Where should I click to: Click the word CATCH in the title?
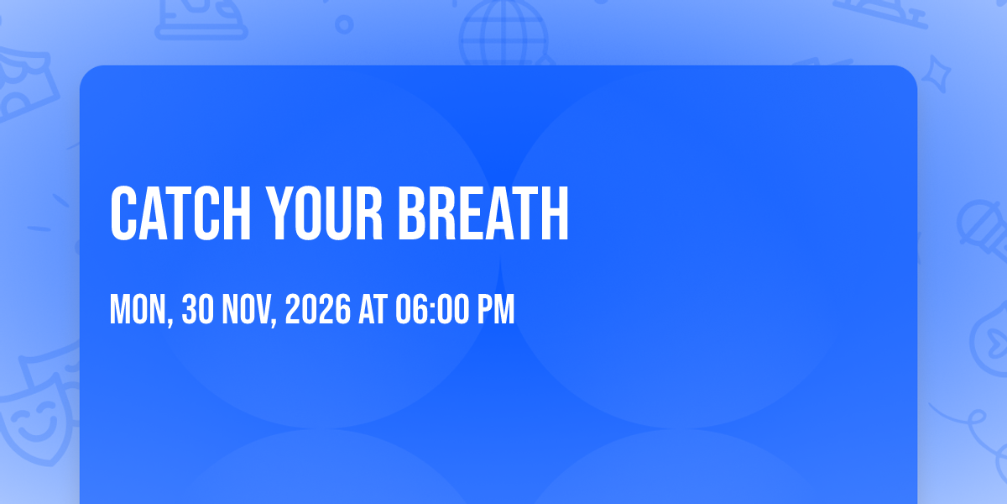(x=180, y=213)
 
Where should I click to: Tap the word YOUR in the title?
(x=324, y=213)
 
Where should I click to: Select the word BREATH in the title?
(x=483, y=213)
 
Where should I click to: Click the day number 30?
(x=198, y=309)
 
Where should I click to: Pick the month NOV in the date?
(x=249, y=310)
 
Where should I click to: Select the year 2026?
(x=318, y=309)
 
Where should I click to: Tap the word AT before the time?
(x=373, y=309)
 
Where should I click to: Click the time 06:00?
(x=432, y=309)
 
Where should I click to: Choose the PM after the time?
(x=496, y=309)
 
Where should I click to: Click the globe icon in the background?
(x=504, y=33)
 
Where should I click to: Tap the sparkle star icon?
(x=936, y=74)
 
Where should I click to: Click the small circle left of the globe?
(x=344, y=24)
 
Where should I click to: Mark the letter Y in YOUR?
(x=279, y=213)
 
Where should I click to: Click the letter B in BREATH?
(x=411, y=213)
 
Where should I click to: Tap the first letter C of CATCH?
(x=123, y=213)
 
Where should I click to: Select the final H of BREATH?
(x=556, y=213)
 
